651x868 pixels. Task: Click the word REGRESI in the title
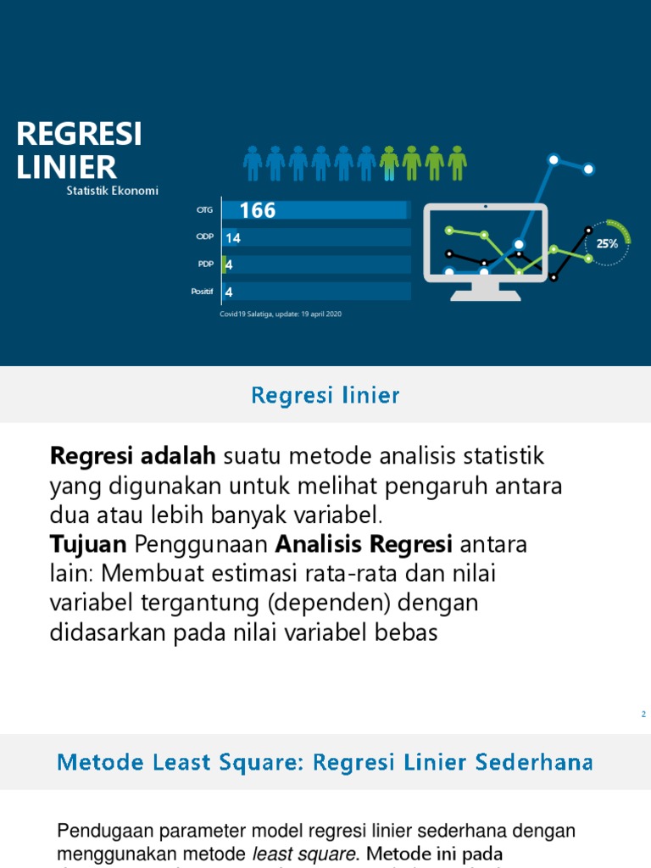[80, 134]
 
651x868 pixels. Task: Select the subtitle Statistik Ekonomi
[113, 191]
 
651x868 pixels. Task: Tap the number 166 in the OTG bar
[258, 211]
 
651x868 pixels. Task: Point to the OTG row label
[204, 210]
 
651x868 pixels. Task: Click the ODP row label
[204, 237]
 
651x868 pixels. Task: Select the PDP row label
[204, 264]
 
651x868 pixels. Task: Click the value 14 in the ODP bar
[233, 238]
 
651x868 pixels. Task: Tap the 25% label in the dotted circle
[607, 243]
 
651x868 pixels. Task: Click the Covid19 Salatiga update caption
[281, 314]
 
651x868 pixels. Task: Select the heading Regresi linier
[325, 395]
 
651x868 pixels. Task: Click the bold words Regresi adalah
[133, 456]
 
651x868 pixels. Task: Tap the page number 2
[643, 715]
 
